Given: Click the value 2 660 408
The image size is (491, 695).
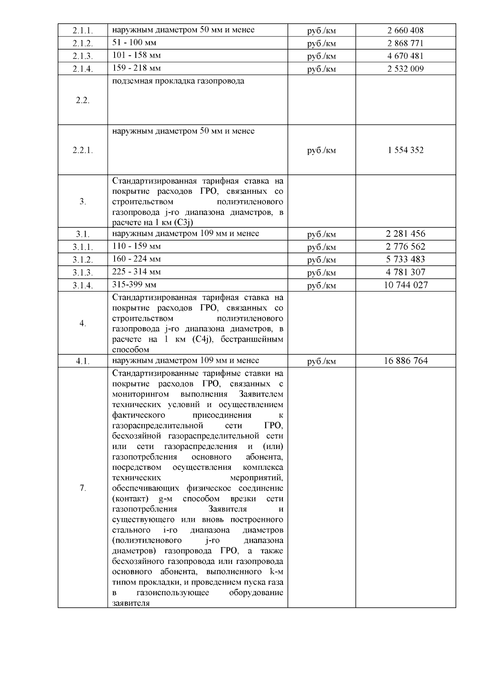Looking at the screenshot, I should click(405, 30).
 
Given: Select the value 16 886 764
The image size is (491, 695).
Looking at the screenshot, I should click(405, 361).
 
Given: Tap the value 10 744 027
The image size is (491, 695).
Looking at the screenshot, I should click(405, 285).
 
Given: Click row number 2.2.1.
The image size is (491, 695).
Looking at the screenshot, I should click(83, 150).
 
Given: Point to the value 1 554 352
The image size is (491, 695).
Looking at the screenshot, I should click(405, 150).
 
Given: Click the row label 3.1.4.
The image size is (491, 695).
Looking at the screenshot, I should click(83, 285).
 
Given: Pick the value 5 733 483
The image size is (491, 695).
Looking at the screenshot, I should click(405, 259).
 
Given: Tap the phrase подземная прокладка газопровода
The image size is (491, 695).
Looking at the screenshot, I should click(178, 81).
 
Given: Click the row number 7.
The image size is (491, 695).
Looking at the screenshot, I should click(83, 488).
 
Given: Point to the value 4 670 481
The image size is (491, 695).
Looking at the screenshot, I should click(405, 56).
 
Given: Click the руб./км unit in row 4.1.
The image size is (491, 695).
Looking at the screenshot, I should click(321, 361).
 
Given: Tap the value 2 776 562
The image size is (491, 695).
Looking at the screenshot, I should click(405, 247).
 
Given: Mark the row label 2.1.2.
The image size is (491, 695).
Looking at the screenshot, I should click(83, 43).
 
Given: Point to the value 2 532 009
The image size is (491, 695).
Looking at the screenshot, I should click(405, 68).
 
